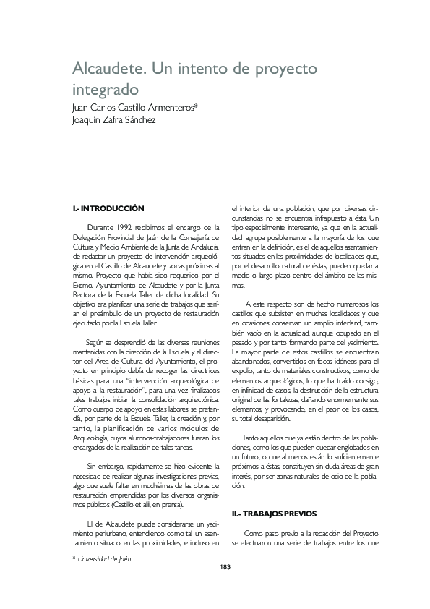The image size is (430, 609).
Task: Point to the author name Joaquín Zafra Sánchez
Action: pyautogui.click(x=114, y=120)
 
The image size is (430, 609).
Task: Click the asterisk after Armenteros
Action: pyautogui.click(x=206, y=106)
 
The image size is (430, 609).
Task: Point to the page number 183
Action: pyautogui.click(x=224, y=566)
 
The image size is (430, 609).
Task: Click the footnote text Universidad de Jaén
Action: pyautogui.click(x=105, y=558)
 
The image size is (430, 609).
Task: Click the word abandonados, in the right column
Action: pyautogui.click(x=251, y=360)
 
